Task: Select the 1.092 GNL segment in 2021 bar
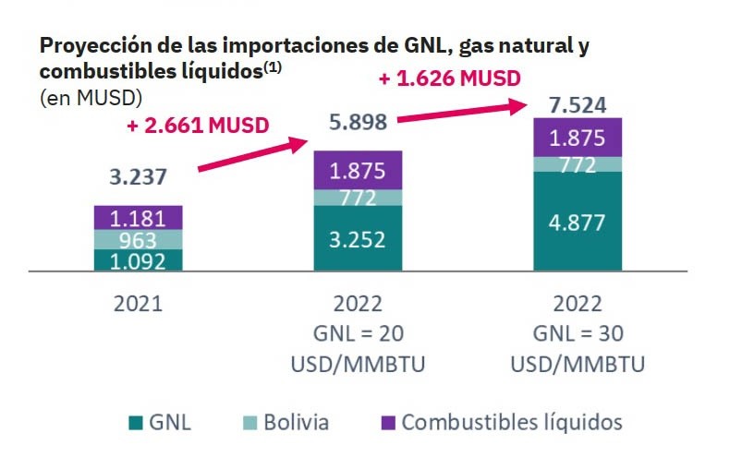pyautogui.click(x=139, y=261)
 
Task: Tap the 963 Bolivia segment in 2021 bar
pyautogui.click(x=139, y=240)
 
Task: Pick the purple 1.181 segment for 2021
pyautogui.click(x=139, y=219)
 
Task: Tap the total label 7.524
pyautogui.click(x=578, y=103)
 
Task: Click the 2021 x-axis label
pyautogui.click(x=139, y=304)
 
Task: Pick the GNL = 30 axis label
pyautogui.click(x=578, y=334)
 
